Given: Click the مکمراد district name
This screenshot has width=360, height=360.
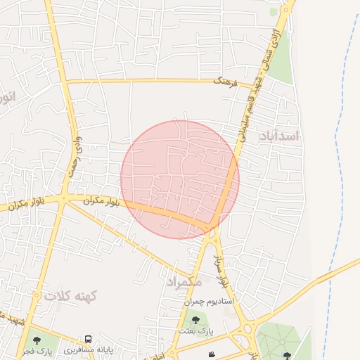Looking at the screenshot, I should pyautogui.click(x=184, y=281).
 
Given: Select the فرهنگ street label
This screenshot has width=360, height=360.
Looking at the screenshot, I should pyautogui.click(x=226, y=82).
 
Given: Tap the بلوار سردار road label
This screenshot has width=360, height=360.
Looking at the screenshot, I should pyautogui.click(x=221, y=271).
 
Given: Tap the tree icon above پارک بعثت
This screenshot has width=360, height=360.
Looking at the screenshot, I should pyautogui.click(x=195, y=321).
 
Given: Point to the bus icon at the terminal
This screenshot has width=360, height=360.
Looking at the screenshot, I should pyautogui.click(x=89, y=339).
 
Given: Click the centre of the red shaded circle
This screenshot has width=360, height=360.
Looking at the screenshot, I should pyautogui.click(x=180, y=179).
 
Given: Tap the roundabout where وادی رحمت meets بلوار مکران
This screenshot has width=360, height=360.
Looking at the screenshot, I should pyautogui.click(x=64, y=199).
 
